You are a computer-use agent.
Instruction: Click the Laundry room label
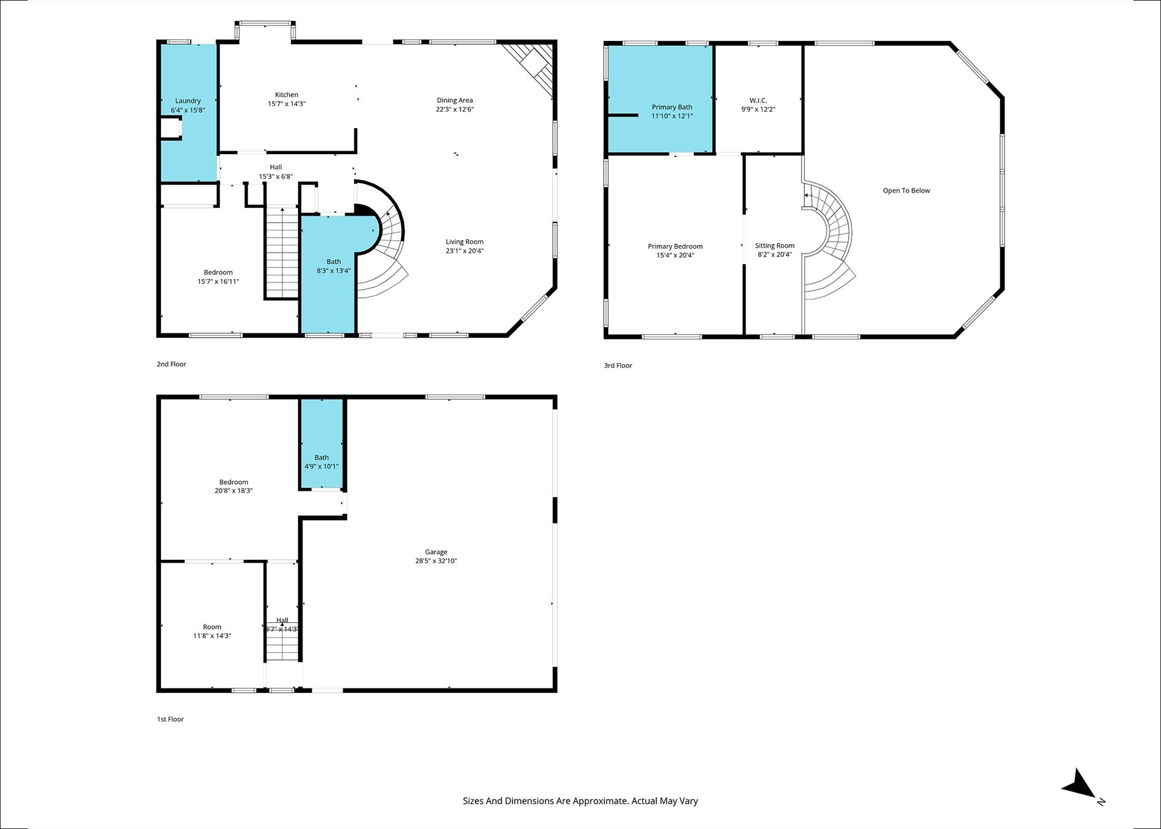(188, 101)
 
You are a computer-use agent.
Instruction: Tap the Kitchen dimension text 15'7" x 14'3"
(286, 104)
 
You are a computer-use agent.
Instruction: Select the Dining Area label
(455, 100)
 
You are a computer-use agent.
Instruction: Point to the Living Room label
(464, 241)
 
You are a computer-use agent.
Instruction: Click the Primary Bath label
(672, 107)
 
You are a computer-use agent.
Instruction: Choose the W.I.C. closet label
(758, 100)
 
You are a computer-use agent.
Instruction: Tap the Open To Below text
(906, 190)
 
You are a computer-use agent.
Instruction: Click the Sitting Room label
(774, 245)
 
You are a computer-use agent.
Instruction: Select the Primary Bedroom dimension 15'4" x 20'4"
(675, 255)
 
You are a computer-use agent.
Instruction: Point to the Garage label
(436, 552)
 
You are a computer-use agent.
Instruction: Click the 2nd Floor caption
(171, 364)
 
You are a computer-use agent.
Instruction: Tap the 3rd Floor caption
(617, 365)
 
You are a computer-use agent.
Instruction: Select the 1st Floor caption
(170, 719)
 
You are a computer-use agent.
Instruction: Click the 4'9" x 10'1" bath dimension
(321, 466)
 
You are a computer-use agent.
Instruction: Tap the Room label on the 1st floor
(212, 627)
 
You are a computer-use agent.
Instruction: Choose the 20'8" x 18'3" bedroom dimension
(234, 491)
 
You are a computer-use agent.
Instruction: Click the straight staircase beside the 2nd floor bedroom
(282, 253)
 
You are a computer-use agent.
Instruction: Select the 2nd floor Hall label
(276, 167)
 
